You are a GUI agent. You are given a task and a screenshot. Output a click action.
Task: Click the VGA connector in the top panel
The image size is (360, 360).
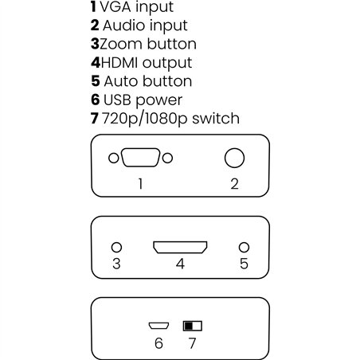(x=140, y=158)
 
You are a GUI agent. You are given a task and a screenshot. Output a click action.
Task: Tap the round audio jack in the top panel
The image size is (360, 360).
(x=234, y=158)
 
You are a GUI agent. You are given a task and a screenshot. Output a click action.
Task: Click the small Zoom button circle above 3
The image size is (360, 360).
(x=116, y=248)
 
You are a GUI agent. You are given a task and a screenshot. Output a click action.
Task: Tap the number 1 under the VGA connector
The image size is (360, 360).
(x=140, y=184)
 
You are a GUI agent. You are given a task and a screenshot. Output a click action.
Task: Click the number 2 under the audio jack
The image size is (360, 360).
(x=234, y=184)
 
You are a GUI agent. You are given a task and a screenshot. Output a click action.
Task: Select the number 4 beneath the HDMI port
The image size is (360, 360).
(x=180, y=264)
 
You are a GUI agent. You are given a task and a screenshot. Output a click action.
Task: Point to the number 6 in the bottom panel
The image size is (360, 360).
(x=158, y=343)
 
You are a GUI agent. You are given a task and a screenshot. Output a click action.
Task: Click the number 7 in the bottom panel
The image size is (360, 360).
(x=191, y=343)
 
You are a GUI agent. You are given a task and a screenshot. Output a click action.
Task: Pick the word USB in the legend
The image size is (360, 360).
(x=119, y=100)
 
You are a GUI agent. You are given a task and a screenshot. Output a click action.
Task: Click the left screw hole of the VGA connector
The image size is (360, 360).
(x=113, y=158)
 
